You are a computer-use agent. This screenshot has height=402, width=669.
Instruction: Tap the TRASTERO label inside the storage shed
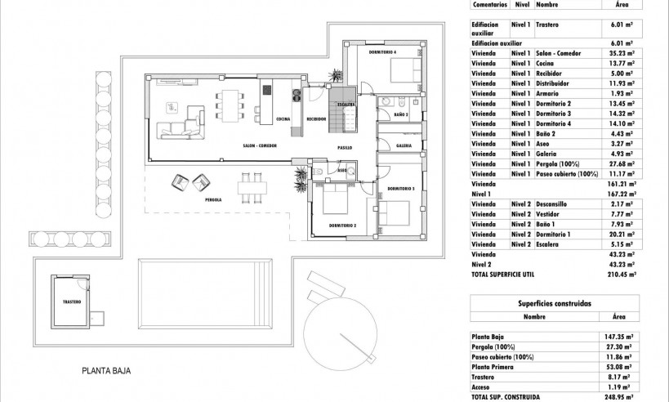[x=72, y=301]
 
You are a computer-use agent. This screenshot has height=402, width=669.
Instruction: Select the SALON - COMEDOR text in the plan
[x=260, y=145]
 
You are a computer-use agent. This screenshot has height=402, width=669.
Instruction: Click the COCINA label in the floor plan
[x=283, y=119]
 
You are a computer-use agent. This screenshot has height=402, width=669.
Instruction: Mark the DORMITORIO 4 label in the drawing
[x=382, y=52]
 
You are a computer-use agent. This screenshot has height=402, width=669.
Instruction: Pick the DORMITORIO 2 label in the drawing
[x=342, y=225]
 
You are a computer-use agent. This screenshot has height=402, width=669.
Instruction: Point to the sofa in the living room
[x=185, y=123]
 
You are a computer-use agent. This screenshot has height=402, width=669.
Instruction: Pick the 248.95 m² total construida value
[x=622, y=396]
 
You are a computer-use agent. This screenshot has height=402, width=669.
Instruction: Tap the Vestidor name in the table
[x=546, y=213]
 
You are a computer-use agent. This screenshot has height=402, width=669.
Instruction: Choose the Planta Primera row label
[x=494, y=367]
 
